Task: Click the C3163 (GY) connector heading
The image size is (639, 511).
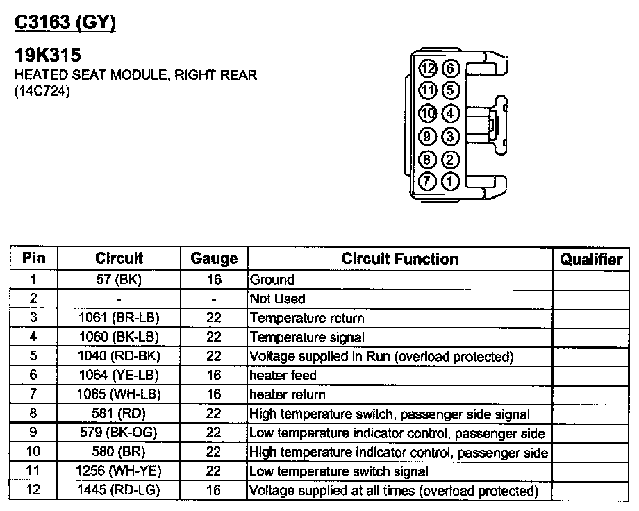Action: (65, 23)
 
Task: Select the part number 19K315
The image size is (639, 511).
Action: (47, 56)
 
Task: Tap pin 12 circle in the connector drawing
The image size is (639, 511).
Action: (429, 68)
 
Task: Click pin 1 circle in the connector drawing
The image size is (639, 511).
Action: (451, 183)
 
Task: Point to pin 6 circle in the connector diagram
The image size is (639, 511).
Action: (451, 68)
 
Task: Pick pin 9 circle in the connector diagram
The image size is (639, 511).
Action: (429, 137)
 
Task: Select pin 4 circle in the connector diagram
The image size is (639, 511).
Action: (451, 113)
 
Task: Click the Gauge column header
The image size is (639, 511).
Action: (214, 259)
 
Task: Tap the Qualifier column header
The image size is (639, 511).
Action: (591, 260)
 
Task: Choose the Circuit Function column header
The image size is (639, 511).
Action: (399, 259)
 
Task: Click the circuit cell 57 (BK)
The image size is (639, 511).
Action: (119, 280)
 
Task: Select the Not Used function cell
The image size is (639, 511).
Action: (277, 299)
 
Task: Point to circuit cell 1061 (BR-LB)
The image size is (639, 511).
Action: (119, 318)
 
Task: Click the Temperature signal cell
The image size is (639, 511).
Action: (306, 337)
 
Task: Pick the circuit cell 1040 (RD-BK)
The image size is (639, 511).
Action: (119, 356)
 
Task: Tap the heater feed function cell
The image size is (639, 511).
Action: (283, 376)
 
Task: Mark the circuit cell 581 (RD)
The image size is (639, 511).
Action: (119, 414)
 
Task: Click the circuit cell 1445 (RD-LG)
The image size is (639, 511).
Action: (119, 490)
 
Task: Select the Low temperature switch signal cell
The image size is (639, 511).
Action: (338, 471)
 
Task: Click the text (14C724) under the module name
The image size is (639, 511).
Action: (42, 90)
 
